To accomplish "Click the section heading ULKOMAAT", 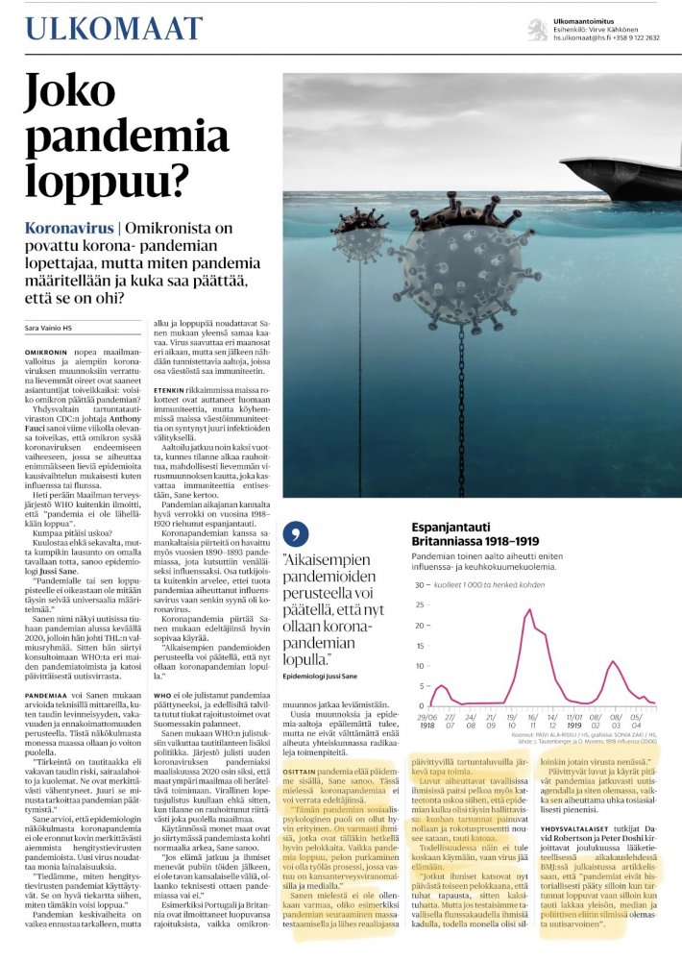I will [x=114, y=28].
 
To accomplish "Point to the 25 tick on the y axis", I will [x=419, y=605].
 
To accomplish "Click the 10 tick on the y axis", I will [x=419, y=666].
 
